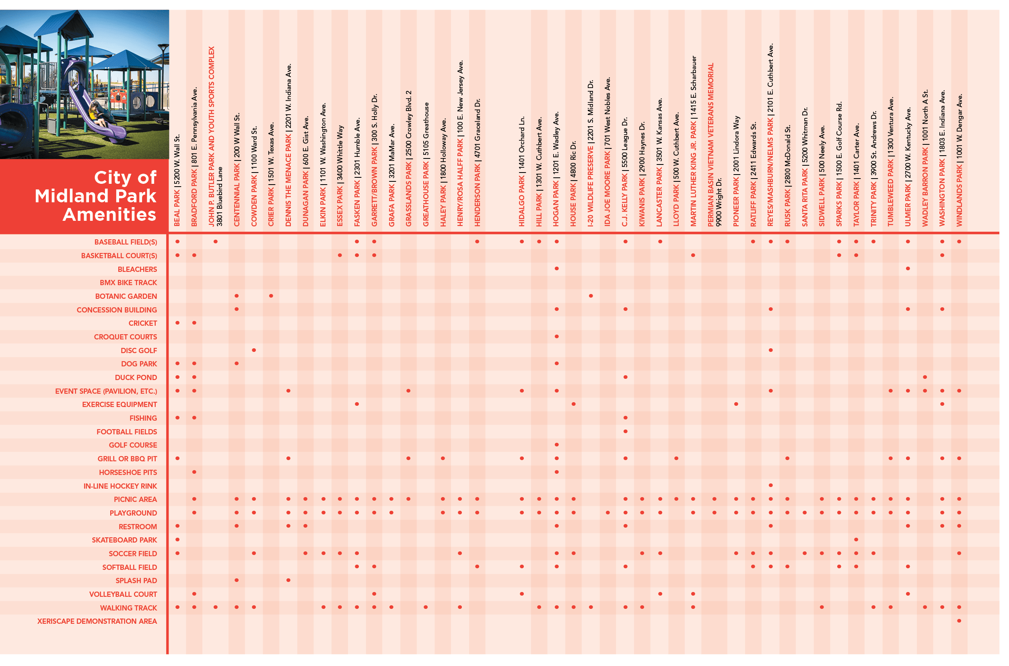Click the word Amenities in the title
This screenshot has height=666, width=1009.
pos(109,214)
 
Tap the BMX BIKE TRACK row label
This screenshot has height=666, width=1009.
pos(128,283)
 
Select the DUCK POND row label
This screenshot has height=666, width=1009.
pos(136,378)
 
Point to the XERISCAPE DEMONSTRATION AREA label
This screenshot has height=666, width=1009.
pos(97,621)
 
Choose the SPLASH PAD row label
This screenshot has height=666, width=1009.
pos(136,581)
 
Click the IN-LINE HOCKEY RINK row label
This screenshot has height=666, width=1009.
pos(120,486)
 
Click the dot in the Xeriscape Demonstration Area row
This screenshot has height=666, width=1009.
pos(959,621)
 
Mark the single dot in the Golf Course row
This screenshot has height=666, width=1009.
pos(556,445)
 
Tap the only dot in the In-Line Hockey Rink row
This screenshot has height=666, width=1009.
pos(771,485)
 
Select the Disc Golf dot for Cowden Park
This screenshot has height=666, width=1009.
pos(253,350)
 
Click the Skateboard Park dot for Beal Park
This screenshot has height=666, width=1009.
pos(177,539)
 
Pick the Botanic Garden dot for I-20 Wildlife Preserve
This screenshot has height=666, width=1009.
pos(591,296)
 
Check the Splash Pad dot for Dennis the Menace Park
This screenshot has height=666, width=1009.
pos(288,580)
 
